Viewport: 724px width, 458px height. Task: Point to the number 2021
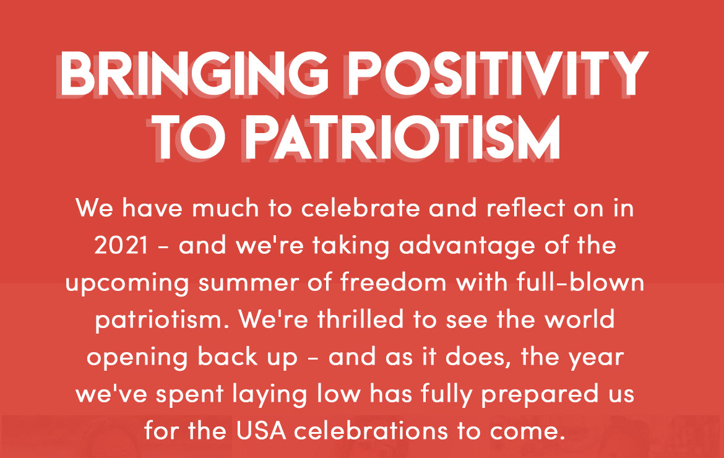coord(121,246)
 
